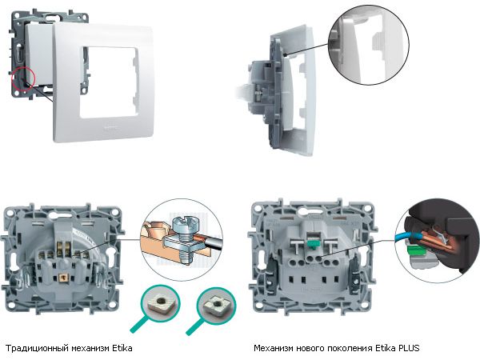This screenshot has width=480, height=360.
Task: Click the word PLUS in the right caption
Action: click(409, 348)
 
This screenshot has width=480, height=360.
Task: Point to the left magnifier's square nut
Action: click(160, 303)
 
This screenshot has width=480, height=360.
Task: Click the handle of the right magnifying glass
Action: click(194, 326)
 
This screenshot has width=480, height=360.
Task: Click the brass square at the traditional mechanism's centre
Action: click(62, 277)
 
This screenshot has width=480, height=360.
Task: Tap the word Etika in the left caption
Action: click(122, 348)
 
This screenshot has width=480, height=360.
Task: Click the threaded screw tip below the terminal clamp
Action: click(186, 258)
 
